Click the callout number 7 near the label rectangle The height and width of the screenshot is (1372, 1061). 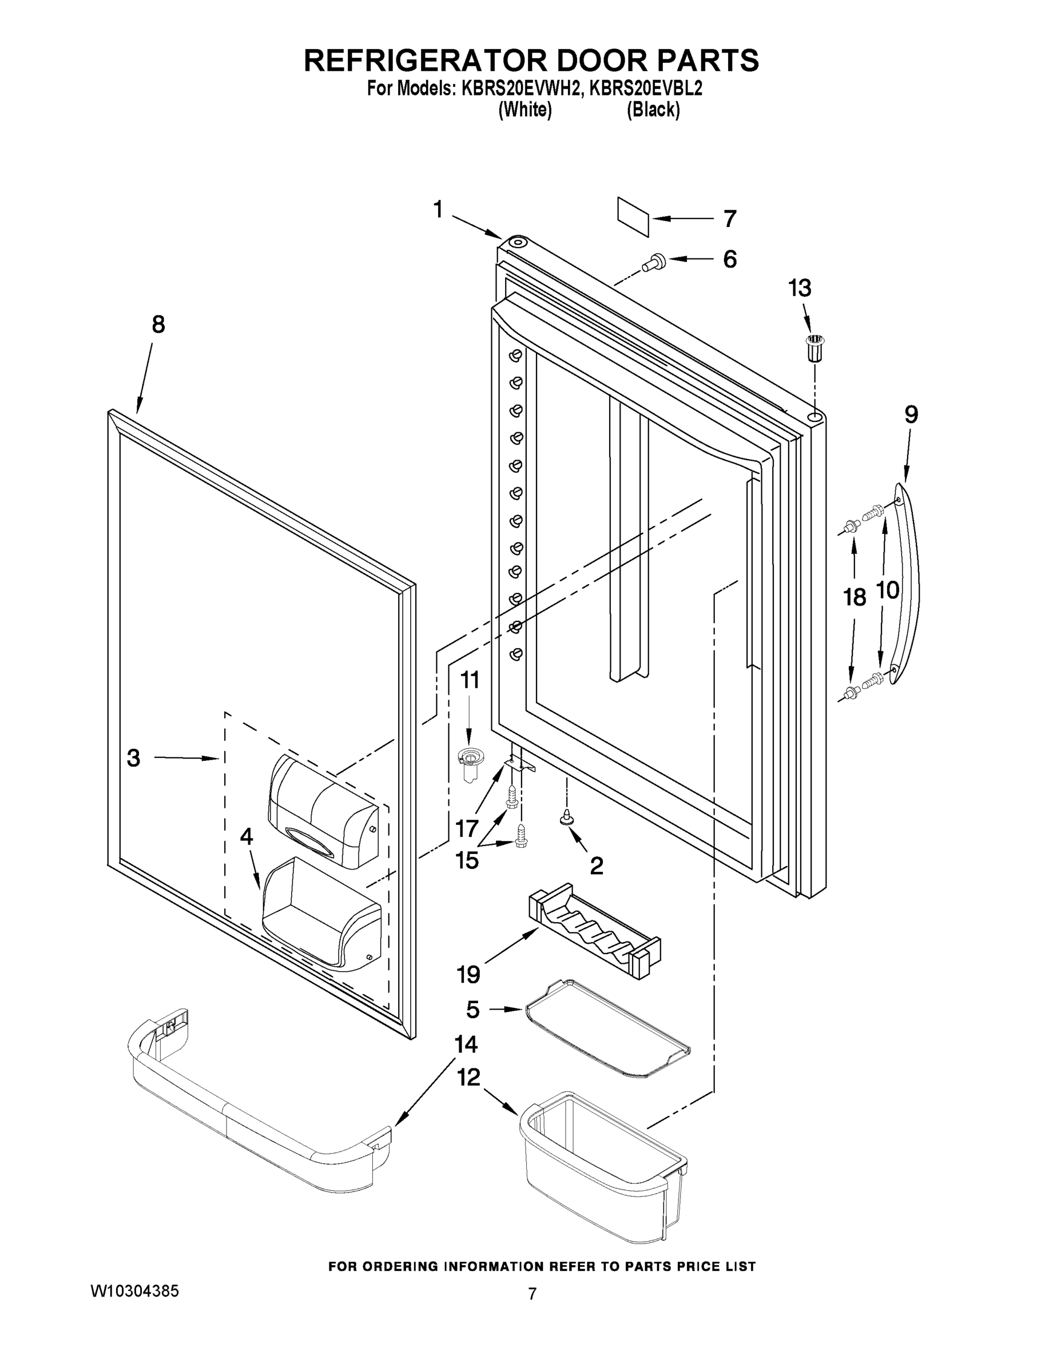click(729, 218)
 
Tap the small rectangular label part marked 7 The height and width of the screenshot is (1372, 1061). click(633, 217)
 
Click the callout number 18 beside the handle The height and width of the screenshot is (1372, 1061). click(854, 597)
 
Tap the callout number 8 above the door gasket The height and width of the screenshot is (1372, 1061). click(158, 324)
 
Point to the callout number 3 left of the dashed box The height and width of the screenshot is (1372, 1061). click(133, 757)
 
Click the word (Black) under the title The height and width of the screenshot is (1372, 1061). click(653, 110)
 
